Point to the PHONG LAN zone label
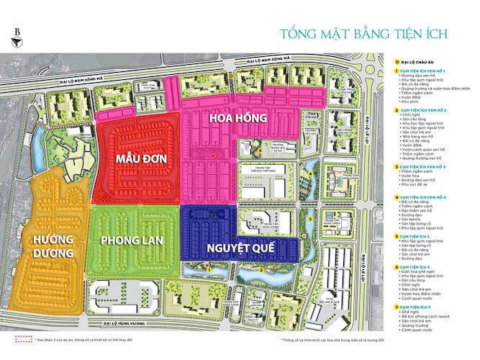pyautogui.click(x=135, y=239)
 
